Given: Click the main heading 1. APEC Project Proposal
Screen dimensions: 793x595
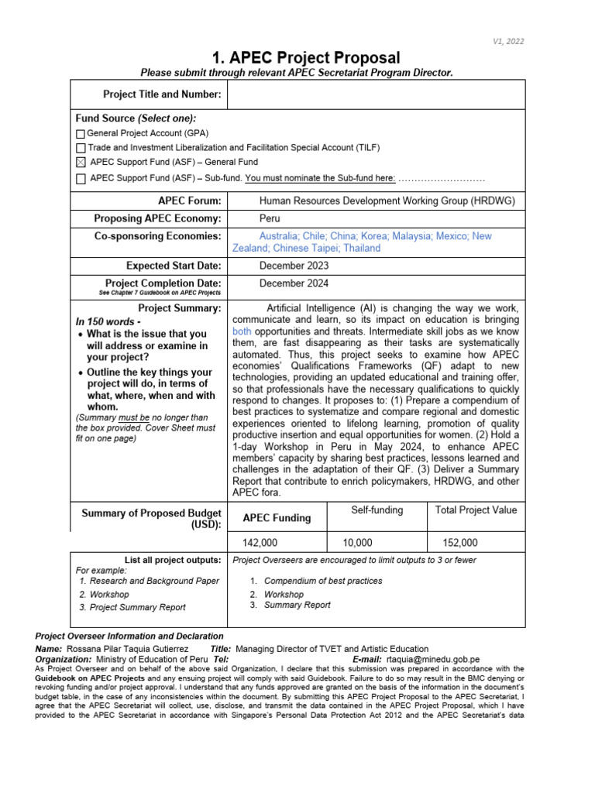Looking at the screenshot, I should [x=306, y=58].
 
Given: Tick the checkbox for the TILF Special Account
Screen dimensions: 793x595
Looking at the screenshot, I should [x=81, y=148].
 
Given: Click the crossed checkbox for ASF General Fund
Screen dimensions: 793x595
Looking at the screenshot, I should [x=81, y=163].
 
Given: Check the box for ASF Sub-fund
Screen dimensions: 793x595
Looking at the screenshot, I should [x=81, y=179].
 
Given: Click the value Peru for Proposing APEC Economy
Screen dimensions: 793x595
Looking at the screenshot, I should [x=270, y=219].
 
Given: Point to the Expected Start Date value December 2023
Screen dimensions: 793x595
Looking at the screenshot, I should [x=294, y=266].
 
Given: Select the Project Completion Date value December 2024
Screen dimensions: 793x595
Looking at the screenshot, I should [x=294, y=283].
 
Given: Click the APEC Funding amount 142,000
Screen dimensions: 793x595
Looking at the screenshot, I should [x=260, y=543].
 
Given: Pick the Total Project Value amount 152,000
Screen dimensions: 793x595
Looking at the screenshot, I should [x=460, y=543].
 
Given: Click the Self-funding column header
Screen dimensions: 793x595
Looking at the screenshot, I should [x=377, y=510].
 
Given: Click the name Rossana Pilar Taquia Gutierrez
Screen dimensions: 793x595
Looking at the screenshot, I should [x=133, y=649].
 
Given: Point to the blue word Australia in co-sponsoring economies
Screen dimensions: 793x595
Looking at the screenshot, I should [x=280, y=236].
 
